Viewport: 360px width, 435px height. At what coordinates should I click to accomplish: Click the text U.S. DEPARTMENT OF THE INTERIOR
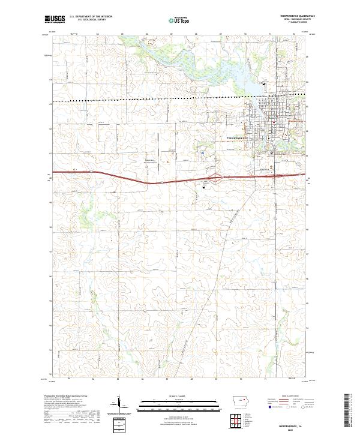pos(91,17)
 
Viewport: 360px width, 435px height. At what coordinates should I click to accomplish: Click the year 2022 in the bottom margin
pos(292,428)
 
